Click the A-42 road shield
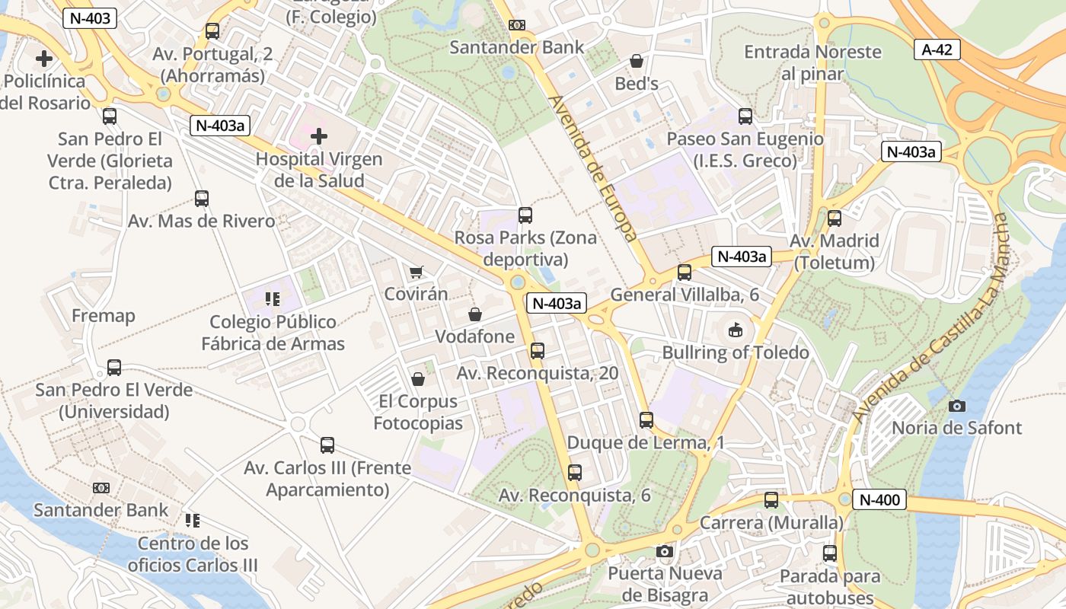937,50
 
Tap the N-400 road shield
879,500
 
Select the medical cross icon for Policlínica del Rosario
44,58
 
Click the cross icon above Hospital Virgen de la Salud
319,136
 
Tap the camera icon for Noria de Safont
957,406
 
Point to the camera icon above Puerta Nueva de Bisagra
665,551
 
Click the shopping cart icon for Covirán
416,272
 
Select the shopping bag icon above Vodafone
475,314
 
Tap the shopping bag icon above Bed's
637,61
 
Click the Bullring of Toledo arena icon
735,330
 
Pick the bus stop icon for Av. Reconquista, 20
538,351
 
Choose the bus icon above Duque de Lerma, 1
646,420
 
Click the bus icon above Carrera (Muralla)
771,500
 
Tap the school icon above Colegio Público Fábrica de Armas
273,299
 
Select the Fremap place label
104,316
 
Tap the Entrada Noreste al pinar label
812,62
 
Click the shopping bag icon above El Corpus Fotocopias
418,379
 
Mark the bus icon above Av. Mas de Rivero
202,199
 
